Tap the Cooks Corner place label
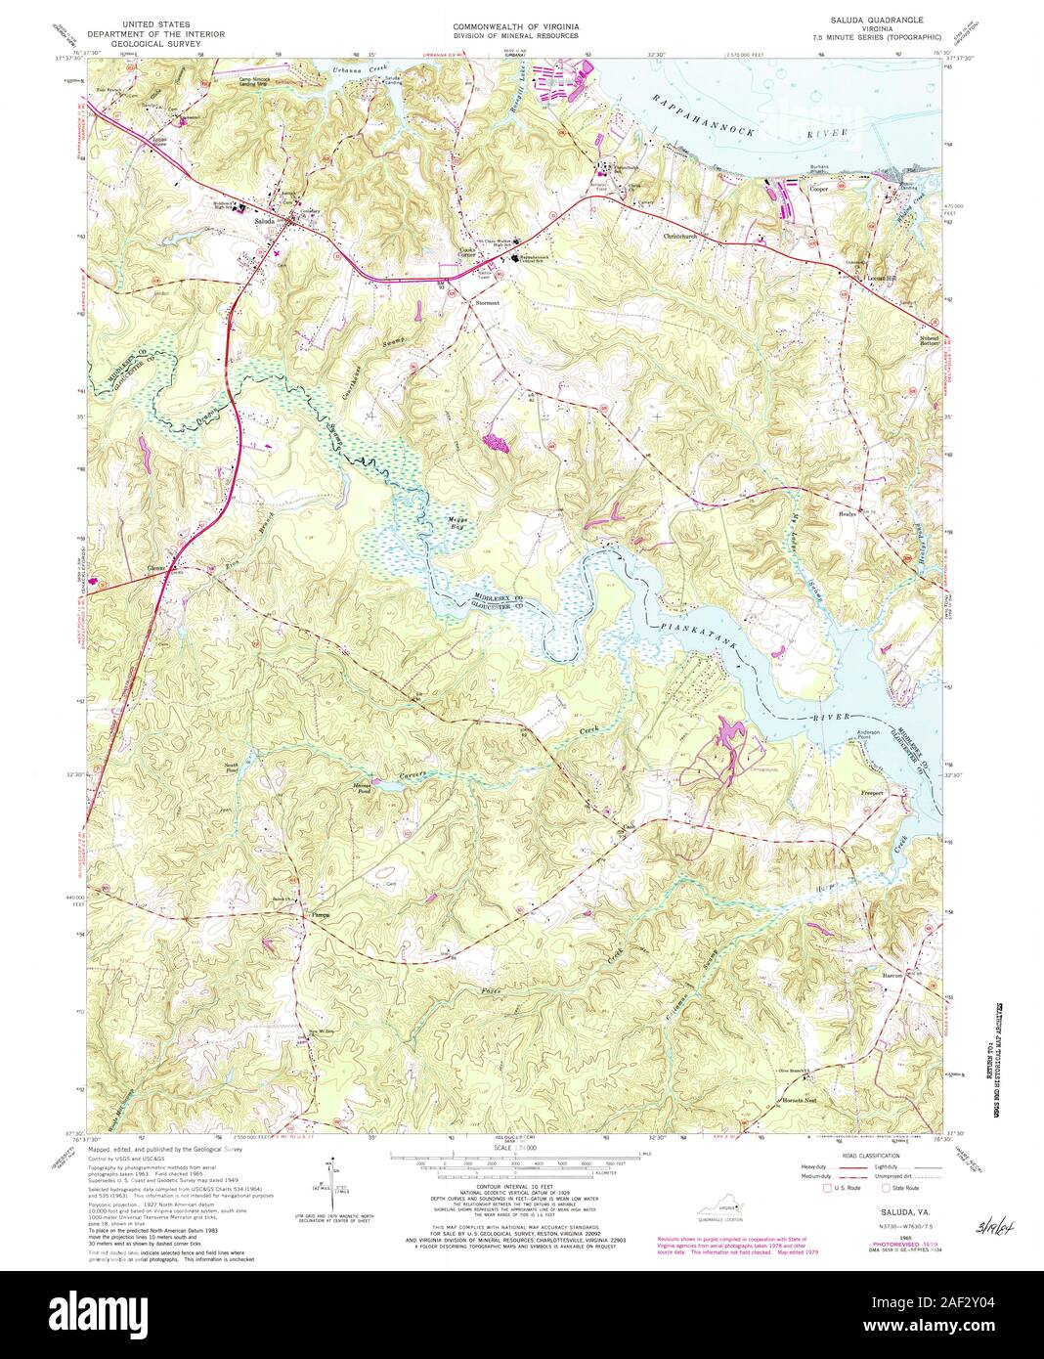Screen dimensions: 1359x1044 (x=474, y=251)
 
